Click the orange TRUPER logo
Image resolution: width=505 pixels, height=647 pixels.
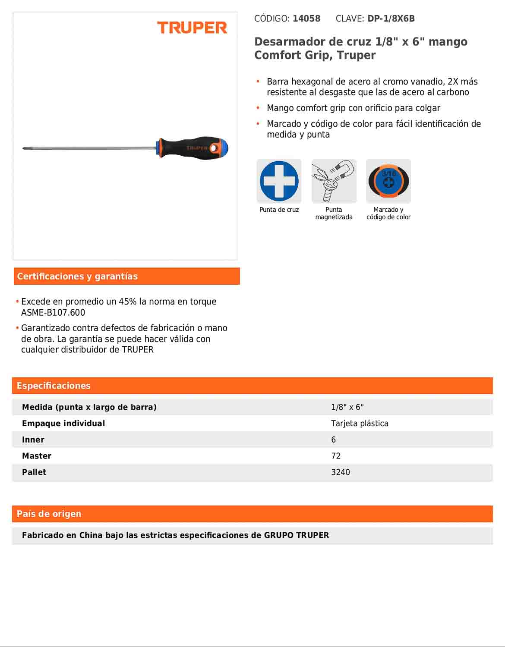(192, 28)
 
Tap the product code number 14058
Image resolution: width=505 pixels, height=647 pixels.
(306, 19)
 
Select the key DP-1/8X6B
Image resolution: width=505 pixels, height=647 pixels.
(391, 19)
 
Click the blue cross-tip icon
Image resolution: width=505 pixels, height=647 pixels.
(279, 181)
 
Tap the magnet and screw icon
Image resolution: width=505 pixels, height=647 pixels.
(334, 181)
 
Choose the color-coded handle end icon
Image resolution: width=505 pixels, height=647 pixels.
(388, 181)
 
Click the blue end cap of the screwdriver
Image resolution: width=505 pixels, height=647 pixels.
(222, 148)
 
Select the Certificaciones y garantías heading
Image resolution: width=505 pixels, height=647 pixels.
(78, 276)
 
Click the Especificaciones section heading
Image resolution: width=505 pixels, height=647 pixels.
(54, 386)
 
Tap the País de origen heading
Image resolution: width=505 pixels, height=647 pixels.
(49, 514)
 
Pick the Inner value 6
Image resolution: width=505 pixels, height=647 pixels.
(333, 440)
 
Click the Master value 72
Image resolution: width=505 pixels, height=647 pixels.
(336, 456)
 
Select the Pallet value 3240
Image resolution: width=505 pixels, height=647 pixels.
(341, 472)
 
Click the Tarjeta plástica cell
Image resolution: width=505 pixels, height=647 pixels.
(360, 424)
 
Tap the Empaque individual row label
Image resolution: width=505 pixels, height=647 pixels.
(63, 424)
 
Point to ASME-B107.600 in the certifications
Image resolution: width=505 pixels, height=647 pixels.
(53, 313)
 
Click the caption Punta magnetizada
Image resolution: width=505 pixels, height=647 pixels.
(334, 214)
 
